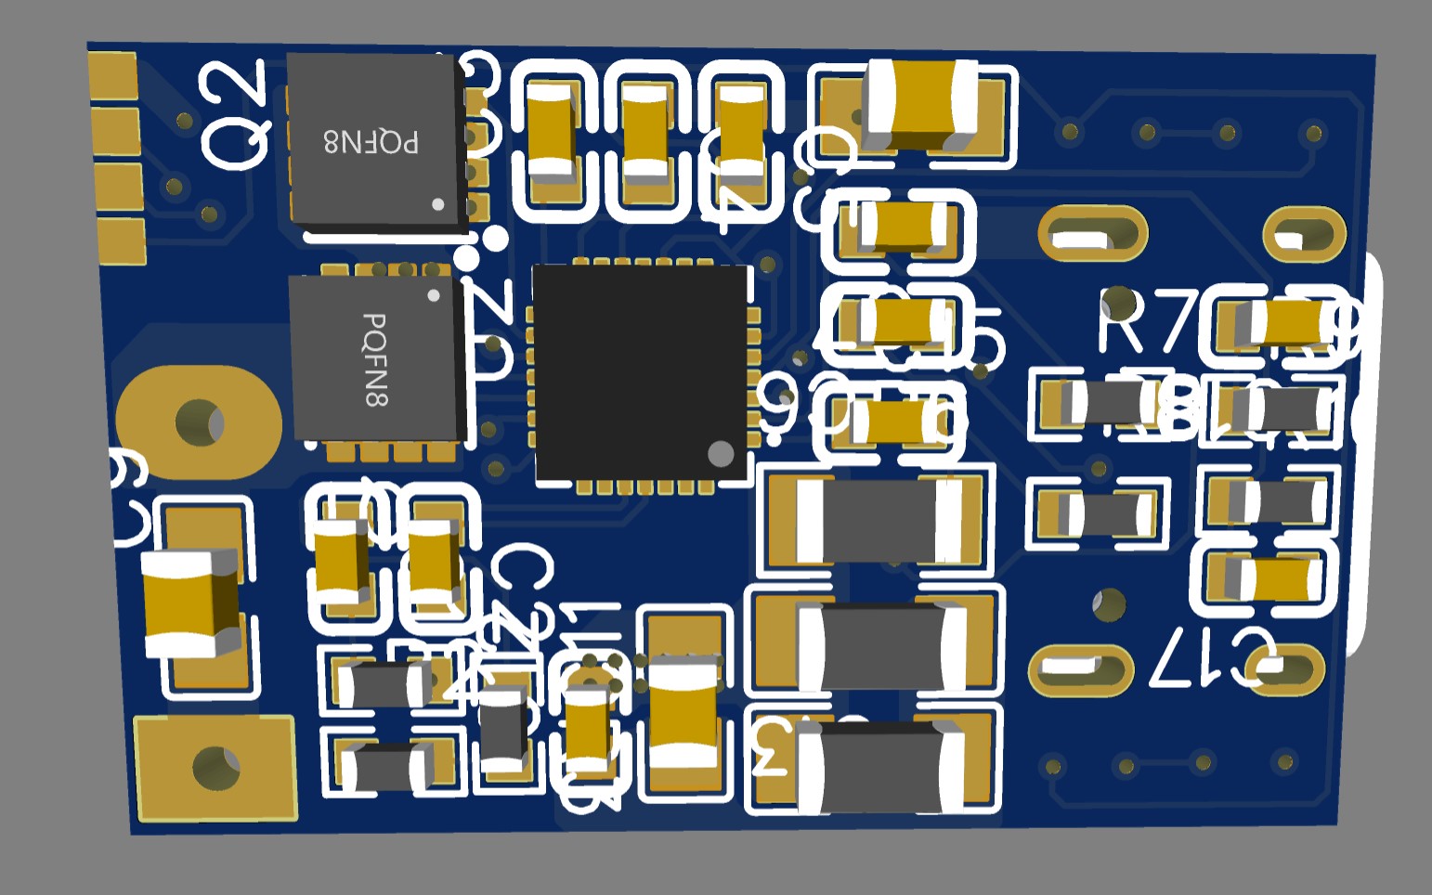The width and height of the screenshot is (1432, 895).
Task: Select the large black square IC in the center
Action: point(642,372)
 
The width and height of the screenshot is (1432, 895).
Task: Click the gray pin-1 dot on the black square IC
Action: point(721,453)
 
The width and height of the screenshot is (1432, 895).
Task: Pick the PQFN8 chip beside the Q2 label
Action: point(373,139)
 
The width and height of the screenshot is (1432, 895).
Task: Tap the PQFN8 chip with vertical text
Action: point(375,358)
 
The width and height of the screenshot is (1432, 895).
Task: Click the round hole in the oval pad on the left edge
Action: point(199,422)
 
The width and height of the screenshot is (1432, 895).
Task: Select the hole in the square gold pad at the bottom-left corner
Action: point(216,768)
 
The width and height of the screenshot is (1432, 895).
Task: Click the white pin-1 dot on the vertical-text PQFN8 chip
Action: point(433,296)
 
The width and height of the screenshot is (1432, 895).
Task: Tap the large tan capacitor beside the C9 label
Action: point(191,603)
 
